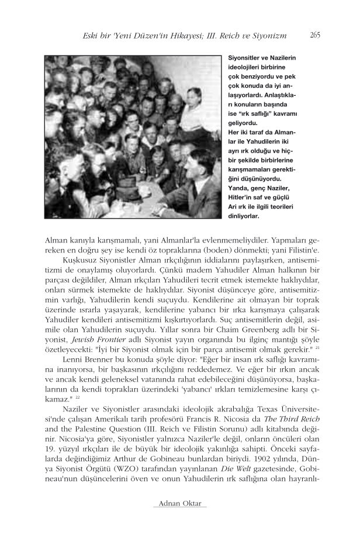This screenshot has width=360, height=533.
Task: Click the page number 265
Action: (x=314, y=36)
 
